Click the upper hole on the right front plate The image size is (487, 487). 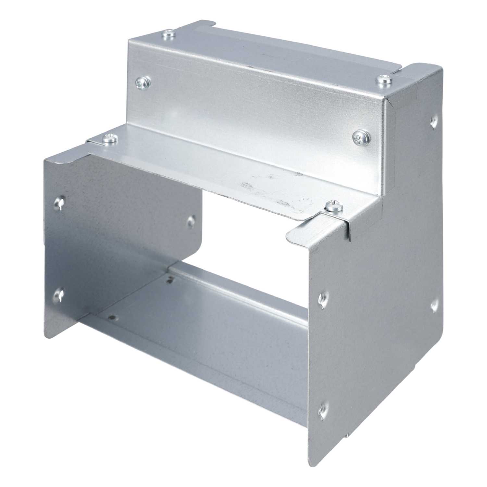tap(323, 297)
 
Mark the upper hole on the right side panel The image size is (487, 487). tap(433, 122)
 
